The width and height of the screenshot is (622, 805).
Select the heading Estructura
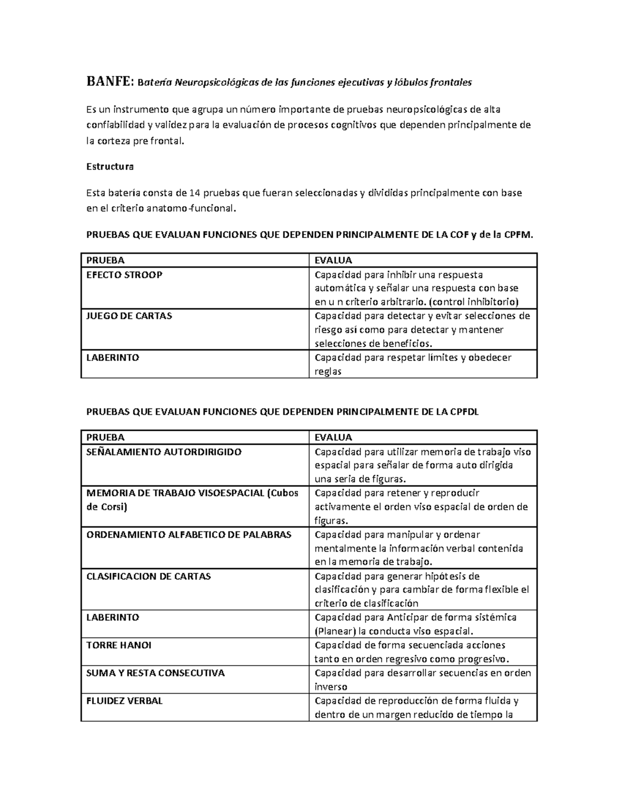(x=109, y=166)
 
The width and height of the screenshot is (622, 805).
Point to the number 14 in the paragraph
(x=194, y=193)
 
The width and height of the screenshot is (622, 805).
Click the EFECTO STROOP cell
(x=124, y=275)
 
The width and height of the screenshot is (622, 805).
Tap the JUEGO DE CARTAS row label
(x=129, y=316)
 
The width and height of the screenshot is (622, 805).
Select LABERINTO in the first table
(x=112, y=357)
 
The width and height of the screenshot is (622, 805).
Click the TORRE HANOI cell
(x=119, y=645)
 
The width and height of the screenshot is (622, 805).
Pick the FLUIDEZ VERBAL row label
(x=124, y=701)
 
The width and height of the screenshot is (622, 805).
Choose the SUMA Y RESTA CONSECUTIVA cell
(x=155, y=673)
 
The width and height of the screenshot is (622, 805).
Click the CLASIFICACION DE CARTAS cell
(x=148, y=576)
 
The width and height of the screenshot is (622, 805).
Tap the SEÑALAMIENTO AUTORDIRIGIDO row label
(x=164, y=451)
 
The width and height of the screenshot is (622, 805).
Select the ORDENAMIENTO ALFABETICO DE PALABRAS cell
(x=189, y=534)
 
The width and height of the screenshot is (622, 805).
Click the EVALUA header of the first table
(x=333, y=260)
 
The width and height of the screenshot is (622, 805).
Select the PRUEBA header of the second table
(x=105, y=437)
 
